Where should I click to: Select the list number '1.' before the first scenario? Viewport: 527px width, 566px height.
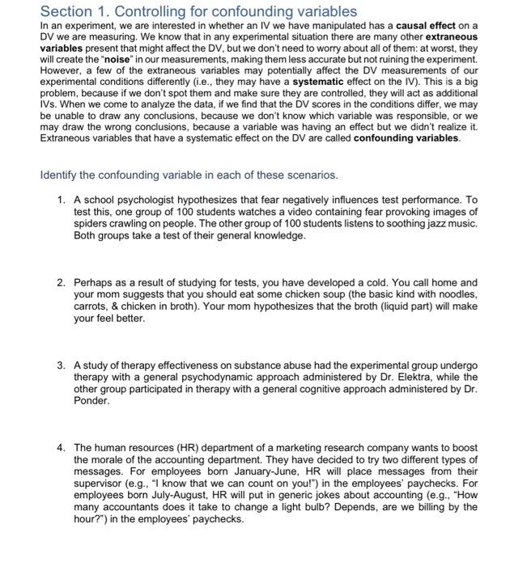pyautogui.click(x=62, y=200)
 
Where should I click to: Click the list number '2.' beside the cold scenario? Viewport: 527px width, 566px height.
pyautogui.click(x=62, y=283)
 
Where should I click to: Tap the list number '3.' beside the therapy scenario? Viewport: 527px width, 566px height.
pyautogui.click(x=62, y=365)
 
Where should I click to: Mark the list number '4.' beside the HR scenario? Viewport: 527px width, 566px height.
pyautogui.click(x=62, y=447)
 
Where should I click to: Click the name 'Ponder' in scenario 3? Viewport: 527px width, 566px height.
pyautogui.click(x=91, y=402)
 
